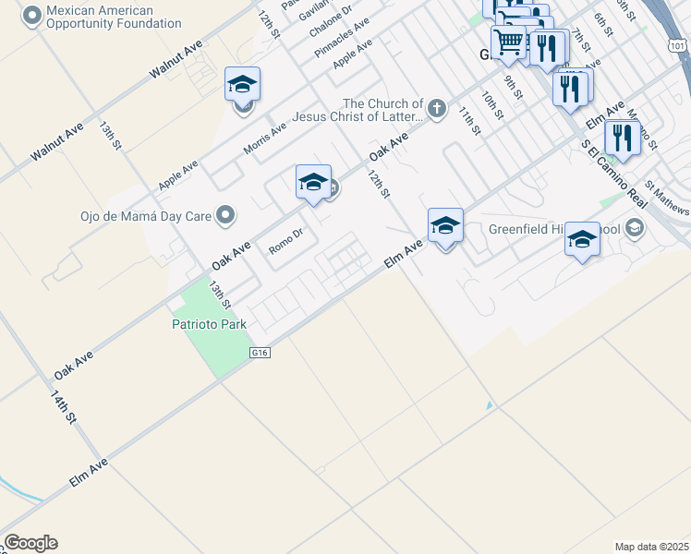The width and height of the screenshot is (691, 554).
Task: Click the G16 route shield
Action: (259, 353)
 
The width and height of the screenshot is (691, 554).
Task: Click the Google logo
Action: (30, 543)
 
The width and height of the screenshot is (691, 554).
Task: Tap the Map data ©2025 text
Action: (651, 547)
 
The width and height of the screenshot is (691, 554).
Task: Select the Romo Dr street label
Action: (285, 242)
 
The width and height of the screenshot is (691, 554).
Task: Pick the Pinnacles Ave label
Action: (341, 37)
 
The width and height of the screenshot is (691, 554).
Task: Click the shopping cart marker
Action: (508, 41)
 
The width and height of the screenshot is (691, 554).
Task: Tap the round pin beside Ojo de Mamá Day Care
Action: (224, 217)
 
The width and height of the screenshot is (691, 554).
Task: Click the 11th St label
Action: (469, 119)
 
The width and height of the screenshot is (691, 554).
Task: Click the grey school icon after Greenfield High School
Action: (634, 227)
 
